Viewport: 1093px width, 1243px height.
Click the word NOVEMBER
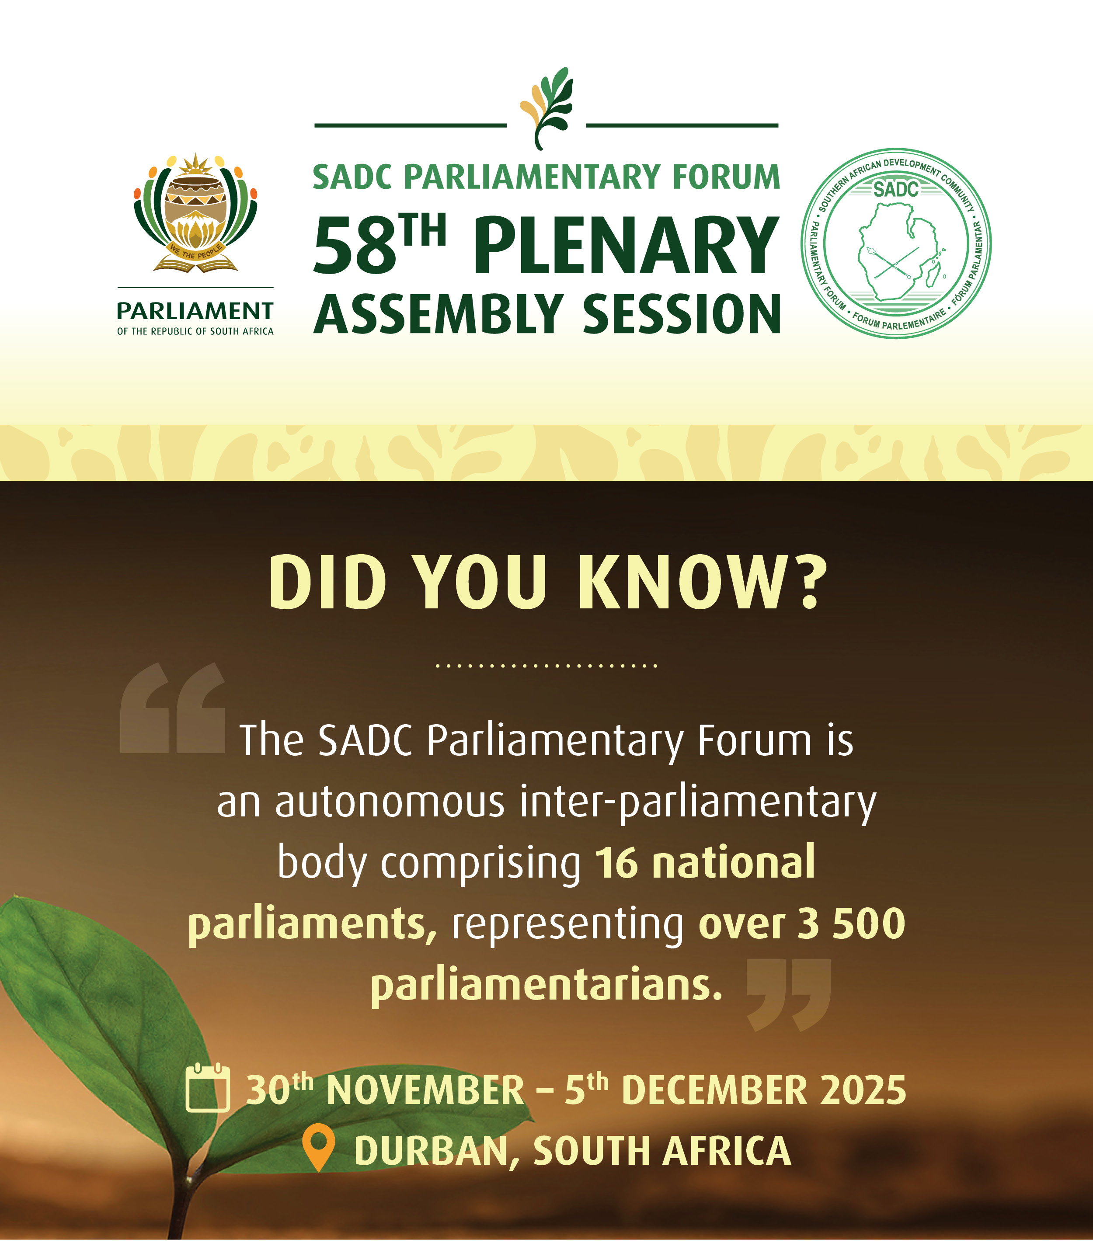point(425,1089)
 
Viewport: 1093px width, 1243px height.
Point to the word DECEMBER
point(715,1089)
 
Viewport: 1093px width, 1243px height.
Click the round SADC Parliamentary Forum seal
point(895,243)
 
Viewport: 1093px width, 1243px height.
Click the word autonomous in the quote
point(390,802)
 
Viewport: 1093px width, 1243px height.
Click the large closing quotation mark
point(788,994)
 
